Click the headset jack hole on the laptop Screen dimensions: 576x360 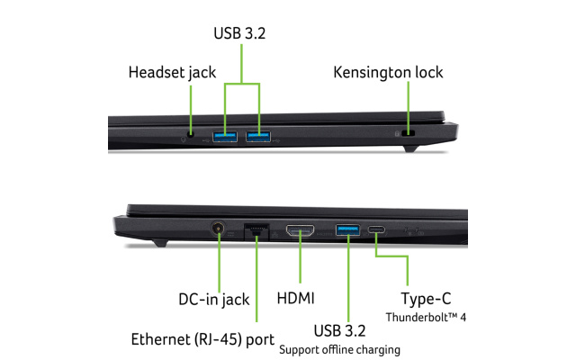point(190,135)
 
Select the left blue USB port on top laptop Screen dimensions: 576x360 point(225,137)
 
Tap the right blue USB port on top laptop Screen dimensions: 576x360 point(258,137)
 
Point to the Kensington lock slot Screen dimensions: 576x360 point(408,133)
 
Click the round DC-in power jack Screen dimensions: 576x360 point(218,228)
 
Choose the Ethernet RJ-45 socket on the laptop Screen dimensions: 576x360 point(256,231)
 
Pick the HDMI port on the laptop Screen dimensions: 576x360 point(300,230)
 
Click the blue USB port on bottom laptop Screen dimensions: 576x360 point(347,230)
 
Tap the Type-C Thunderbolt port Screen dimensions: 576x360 point(376,230)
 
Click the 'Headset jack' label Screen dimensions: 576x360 point(172,72)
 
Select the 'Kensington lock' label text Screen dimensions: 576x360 point(388,72)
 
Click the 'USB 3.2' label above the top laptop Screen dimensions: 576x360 point(239,33)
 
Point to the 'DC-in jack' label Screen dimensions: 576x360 point(214,299)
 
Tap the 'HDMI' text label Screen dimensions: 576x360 point(296,298)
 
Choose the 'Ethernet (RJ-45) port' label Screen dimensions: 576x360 point(202,339)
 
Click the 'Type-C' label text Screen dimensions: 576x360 point(426,299)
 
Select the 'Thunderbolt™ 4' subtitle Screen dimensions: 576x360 point(426,318)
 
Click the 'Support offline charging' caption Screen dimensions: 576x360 point(339,350)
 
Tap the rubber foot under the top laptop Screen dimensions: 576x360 point(410,148)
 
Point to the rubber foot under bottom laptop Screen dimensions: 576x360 point(160,242)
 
